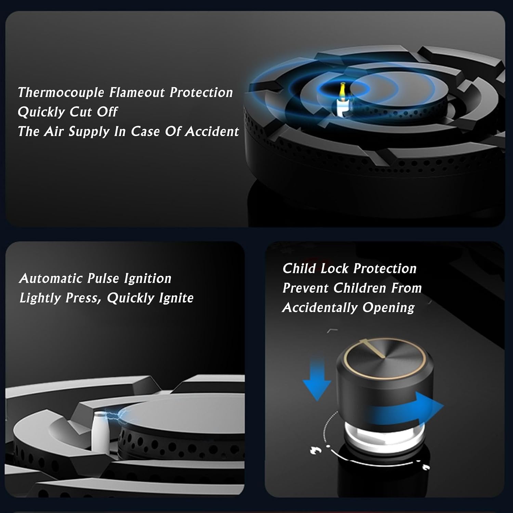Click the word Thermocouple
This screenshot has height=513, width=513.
(61, 93)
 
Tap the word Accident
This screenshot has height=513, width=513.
(212, 131)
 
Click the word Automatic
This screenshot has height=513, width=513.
(51, 278)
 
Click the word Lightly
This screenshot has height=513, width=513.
(40, 298)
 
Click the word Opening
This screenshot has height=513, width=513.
(389, 308)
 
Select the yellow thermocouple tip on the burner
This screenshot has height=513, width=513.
(342, 90)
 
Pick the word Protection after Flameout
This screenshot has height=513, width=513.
(201, 92)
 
